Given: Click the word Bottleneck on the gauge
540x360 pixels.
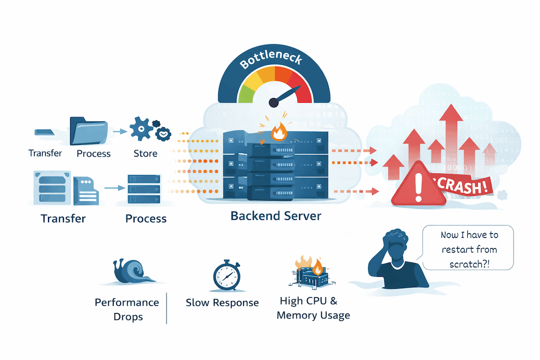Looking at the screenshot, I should coord(271,62).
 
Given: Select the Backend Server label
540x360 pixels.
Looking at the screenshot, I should coord(276,216).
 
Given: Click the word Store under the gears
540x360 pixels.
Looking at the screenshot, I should coord(146,153).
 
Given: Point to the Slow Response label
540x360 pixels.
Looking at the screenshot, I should coord(222,303).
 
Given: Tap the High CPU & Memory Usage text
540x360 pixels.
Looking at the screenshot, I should coord(313,308).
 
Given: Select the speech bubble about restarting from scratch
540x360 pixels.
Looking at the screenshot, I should coord(469,249).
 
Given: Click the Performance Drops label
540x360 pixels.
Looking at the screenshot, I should coord(127,309).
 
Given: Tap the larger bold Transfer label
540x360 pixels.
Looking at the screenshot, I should coord(63,218).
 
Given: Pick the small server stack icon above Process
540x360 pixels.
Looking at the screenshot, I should coord(143,187).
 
